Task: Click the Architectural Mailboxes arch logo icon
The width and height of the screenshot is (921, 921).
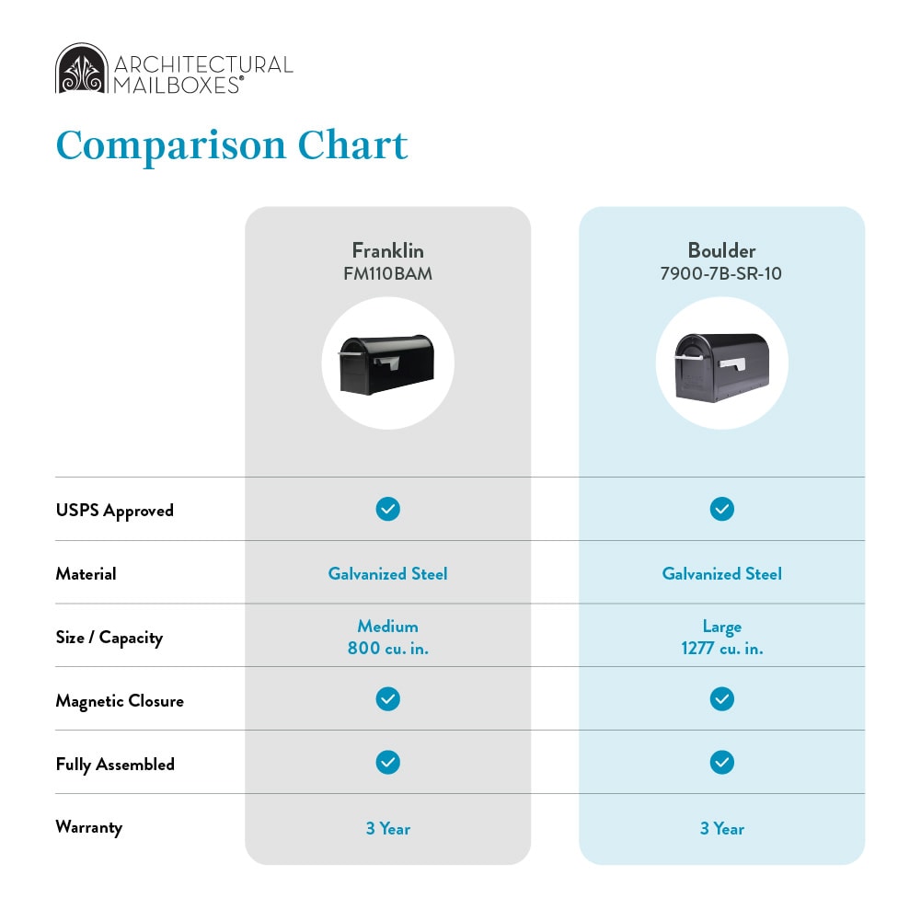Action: pyautogui.click(x=82, y=68)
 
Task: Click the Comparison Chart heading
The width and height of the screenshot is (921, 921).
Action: pyautogui.click(x=232, y=145)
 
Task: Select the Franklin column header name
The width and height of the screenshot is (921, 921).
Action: pyautogui.click(x=387, y=251)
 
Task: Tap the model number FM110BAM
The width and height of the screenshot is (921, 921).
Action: pyautogui.click(x=387, y=273)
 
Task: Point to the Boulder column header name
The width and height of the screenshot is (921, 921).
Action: pyautogui.click(x=722, y=251)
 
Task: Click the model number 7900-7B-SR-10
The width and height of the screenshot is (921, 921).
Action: pyautogui.click(x=721, y=273)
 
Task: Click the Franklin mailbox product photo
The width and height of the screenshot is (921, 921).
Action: pyautogui.click(x=386, y=364)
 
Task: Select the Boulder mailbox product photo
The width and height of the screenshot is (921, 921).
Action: pyautogui.click(x=722, y=367)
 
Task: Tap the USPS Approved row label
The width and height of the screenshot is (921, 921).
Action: pyautogui.click(x=114, y=511)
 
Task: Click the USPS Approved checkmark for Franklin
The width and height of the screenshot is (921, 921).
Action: pyautogui.click(x=387, y=509)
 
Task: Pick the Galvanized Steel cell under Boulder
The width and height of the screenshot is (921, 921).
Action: pyautogui.click(x=722, y=573)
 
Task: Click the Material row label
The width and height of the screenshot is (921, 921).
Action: pyautogui.click(x=86, y=574)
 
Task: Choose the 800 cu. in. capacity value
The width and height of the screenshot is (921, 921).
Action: pyautogui.click(x=387, y=648)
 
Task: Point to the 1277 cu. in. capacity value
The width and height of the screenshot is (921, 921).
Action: pyautogui.click(x=722, y=648)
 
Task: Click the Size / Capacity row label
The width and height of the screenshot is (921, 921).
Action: pyautogui.click(x=109, y=638)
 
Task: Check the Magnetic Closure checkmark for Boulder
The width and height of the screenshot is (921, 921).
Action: pyautogui.click(x=722, y=699)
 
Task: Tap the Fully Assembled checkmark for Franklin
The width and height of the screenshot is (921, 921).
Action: pyautogui.click(x=387, y=763)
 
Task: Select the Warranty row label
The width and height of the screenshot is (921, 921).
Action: pyautogui.click(x=89, y=827)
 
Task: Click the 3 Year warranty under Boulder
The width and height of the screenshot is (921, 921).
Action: pyautogui.click(x=722, y=828)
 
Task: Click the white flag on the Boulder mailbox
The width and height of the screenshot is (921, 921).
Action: pyautogui.click(x=732, y=364)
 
